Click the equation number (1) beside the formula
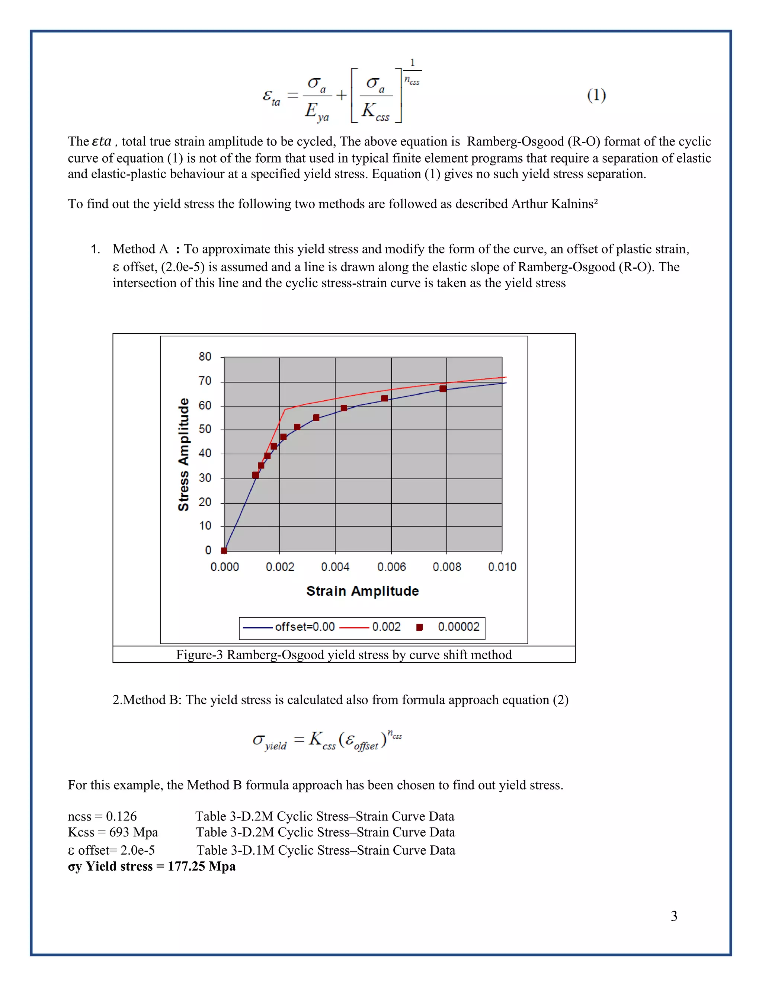(596, 95)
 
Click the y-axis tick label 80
(205, 357)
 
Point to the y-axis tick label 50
(205, 429)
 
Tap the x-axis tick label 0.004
(335, 567)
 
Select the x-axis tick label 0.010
(502, 567)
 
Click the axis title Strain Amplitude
(362, 591)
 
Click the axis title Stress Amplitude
(183, 454)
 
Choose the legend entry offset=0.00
(305, 627)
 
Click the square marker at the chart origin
(224, 550)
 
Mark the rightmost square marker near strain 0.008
(443, 389)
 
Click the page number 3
(673, 916)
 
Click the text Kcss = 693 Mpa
(113, 832)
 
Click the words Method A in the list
(140, 249)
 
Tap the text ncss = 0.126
(102, 816)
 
